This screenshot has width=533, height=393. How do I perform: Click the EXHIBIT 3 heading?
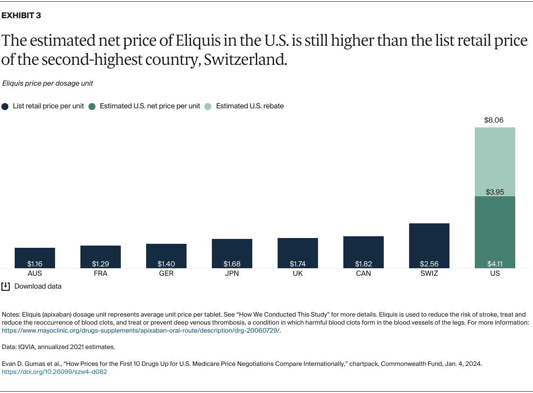(21, 16)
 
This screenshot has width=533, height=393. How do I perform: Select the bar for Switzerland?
(429, 245)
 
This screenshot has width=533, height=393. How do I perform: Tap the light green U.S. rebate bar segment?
(495, 162)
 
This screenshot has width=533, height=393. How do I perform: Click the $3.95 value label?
(495, 192)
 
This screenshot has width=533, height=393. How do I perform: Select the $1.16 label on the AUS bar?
(35, 264)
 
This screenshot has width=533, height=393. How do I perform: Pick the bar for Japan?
(232, 253)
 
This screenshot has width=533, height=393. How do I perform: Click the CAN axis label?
(363, 274)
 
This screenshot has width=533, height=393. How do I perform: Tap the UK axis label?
(298, 274)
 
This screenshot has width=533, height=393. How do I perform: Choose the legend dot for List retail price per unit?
(5, 107)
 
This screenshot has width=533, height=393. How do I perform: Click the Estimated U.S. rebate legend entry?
(250, 106)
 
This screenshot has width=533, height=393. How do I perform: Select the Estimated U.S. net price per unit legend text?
(150, 106)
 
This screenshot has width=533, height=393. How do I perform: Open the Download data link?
(38, 286)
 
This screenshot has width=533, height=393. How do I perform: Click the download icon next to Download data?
(5, 286)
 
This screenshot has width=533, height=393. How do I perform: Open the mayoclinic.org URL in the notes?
(141, 331)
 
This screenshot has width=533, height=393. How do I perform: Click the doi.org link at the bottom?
(55, 372)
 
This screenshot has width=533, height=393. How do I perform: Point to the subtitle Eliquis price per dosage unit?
(48, 83)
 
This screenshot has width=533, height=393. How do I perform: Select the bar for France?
(100, 257)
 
